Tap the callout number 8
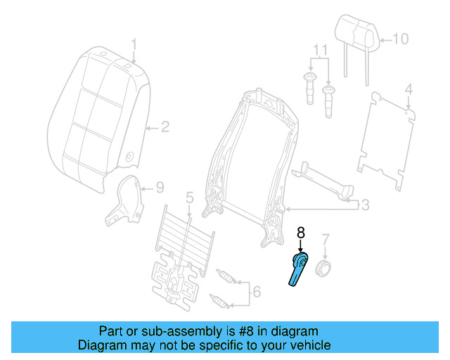point(300,231)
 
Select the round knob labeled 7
point(323,267)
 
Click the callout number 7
point(324,240)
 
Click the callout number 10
point(399,39)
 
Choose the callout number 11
point(321,51)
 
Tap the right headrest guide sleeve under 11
point(328,101)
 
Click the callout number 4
point(409,90)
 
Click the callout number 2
point(165,127)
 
